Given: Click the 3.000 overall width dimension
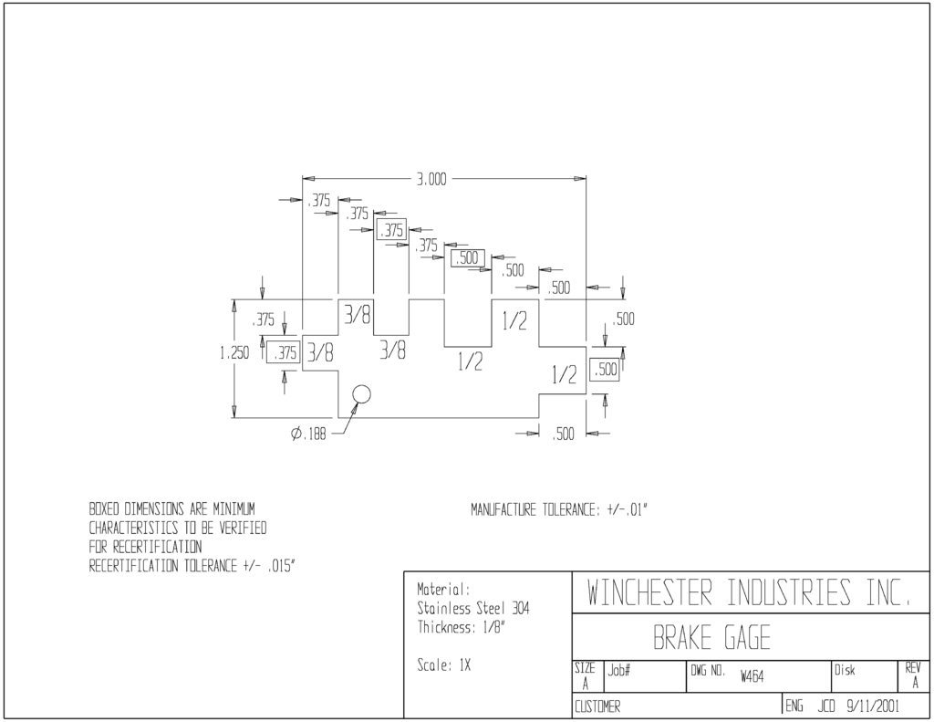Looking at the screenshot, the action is pyautogui.click(x=431, y=180).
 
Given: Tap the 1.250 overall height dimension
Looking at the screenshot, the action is pyautogui.click(x=234, y=353).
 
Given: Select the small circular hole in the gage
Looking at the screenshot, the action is pyautogui.click(x=361, y=394).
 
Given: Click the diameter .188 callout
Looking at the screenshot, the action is pyautogui.click(x=308, y=434).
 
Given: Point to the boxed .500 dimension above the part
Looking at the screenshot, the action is pyautogui.click(x=468, y=258).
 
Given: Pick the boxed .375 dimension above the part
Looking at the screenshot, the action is pyautogui.click(x=390, y=230).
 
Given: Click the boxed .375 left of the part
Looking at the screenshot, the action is pyautogui.click(x=284, y=353).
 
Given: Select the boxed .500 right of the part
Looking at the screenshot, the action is pyautogui.click(x=605, y=370).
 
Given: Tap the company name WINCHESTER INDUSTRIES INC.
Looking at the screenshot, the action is pyautogui.click(x=749, y=592).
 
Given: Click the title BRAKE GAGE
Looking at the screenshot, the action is pyautogui.click(x=711, y=637).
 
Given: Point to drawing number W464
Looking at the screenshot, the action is pyautogui.click(x=752, y=676).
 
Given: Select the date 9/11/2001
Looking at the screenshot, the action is pyautogui.click(x=873, y=706).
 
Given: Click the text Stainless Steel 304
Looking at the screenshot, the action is pyautogui.click(x=473, y=609).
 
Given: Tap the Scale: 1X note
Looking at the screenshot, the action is pyautogui.click(x=444, y=665).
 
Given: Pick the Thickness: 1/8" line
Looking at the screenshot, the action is pyautogui.click(x=462, y=627).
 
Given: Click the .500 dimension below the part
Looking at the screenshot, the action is pyautogui.click(x=562, y=434).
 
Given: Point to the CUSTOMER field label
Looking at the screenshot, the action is pyautogui.click(x=597, y=707).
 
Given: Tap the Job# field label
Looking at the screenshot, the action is pyautogui.click(x=619, y=671).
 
